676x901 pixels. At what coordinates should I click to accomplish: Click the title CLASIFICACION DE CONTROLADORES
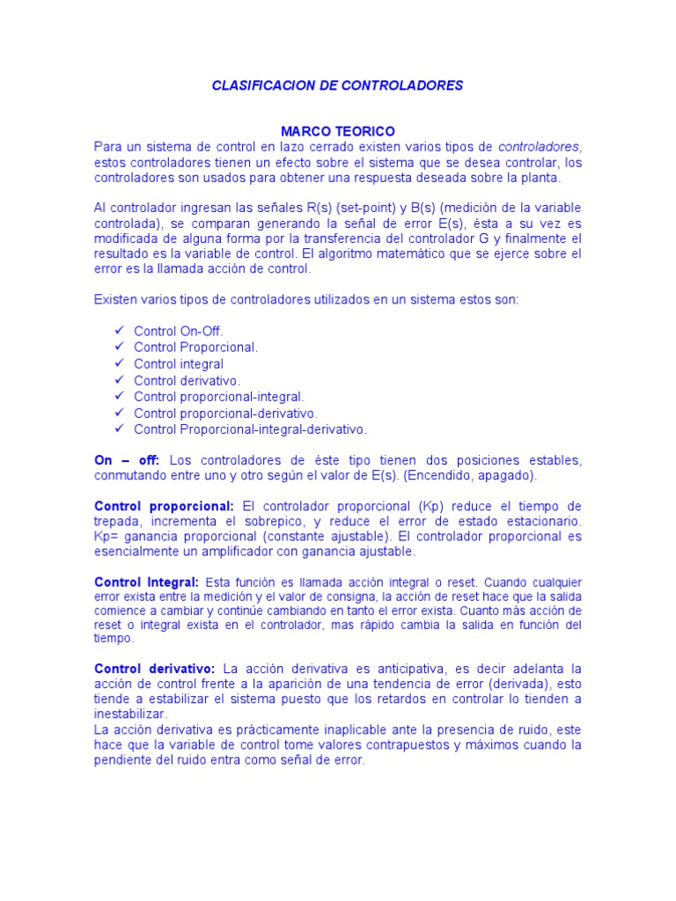pyautogui.click(x=338, y=86)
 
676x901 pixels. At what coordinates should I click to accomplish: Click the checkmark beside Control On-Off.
pyautogui.click(x=120, y=331)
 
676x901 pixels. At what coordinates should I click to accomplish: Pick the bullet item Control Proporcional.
pyautogui.click(x=195, y=348)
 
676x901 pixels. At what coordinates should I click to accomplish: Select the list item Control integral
pyautogui.click(x=179, y=363)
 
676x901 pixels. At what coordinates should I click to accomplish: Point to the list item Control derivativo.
pyautogui.click(x=187, y=380)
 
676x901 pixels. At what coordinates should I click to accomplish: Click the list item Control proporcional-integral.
pyautogui.click(x=218, y=397)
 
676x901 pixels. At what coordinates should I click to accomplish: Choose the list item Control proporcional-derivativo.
pyautogui.click(x=225, y=413)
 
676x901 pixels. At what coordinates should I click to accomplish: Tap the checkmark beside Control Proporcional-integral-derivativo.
pyautogui.click(x=120, y=429)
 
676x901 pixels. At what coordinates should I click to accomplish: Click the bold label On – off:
pyautogui.click(x=127, y=460)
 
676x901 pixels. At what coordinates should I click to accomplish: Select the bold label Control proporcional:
pyautogui.click(x=164, y=506)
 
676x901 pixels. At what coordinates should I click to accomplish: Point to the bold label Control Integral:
pyautogui.click(x=147, y=582)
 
